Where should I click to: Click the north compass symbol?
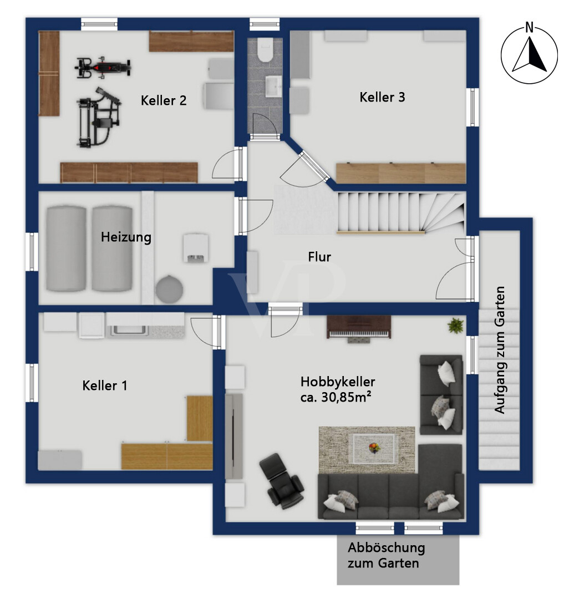pyautogui.click(x=529, y=53)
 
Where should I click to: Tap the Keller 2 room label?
pyautogui.click(x=164, y=100)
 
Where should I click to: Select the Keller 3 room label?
pyautogui.click(x=382, y=97)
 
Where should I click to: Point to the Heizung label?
pyautogui.click(x=126, y=237)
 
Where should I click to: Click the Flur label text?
pyautogui.click(x=319, y=257)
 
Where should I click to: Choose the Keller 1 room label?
pyautogui.click(x=105, y=385)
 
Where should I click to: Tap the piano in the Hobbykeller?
pyautogui.click(x=359, y=328)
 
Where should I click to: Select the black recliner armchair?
pyautogui.click(x=282, y=480)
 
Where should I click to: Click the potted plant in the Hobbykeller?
pyautogui.click(x=456, y=326)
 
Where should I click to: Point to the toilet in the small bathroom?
pyautogui.click(x=265, y=50)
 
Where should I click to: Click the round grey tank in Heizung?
pyautogui.click(x=169, y=289)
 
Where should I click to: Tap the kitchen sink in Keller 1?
pyautogui.click(x=128, y=331)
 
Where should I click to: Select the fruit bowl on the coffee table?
pyautogui.click(x=374, y=448)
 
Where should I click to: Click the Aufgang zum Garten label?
pyautogui.click(x=500, y=350)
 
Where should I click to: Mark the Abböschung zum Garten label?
pyautogui.click(x=386, y=555)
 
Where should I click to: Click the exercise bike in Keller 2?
pyautogui.click(x=103, y=68)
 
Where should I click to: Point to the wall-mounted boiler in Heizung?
pyautogui.click(x=196, y=248)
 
